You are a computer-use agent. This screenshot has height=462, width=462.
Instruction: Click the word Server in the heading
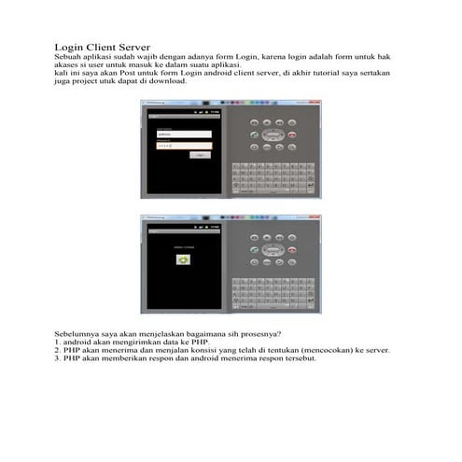(130, 47)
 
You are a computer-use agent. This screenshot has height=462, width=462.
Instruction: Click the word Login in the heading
(71, 47)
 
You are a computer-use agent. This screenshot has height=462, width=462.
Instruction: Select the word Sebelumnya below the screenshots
(77, 334)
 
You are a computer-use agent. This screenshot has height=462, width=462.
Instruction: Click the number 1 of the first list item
(57, 343)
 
